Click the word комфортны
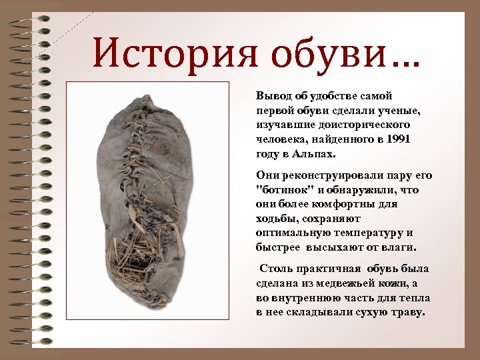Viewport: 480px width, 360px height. point(347,204)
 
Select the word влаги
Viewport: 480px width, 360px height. point(398,247)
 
